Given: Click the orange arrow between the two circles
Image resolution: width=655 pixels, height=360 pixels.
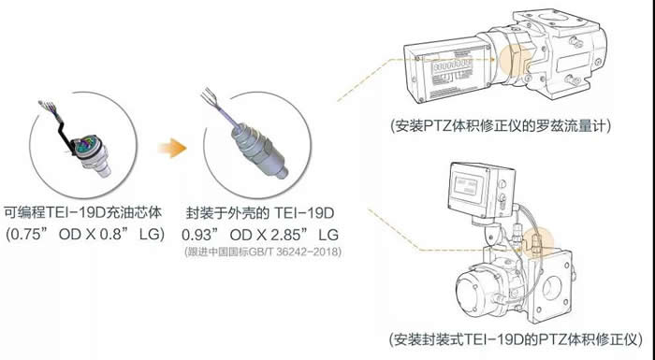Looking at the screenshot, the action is [172, 148].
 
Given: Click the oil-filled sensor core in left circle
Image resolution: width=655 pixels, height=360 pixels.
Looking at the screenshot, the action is [93, 153].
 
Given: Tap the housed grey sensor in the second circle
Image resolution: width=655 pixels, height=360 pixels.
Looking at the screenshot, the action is [260, 151].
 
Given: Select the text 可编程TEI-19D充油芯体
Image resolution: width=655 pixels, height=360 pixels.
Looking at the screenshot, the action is [82, 212].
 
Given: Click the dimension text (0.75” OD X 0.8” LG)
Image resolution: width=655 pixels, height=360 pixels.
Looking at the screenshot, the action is [85, 234].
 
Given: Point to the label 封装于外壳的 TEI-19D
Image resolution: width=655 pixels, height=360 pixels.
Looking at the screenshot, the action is [260, 213].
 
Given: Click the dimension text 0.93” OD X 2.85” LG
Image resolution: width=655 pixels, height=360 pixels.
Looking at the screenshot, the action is [260, 235].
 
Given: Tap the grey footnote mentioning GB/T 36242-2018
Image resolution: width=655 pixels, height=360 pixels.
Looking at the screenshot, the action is [263, 252].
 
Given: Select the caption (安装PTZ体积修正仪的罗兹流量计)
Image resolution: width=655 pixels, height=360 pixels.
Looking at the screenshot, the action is [501, 125].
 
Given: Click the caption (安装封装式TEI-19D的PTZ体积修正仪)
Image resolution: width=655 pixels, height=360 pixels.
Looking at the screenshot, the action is [516, 338].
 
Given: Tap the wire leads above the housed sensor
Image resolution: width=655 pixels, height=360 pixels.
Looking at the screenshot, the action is [211, 99].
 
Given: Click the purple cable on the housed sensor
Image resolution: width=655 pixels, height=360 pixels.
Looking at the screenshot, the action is [229, 117].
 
